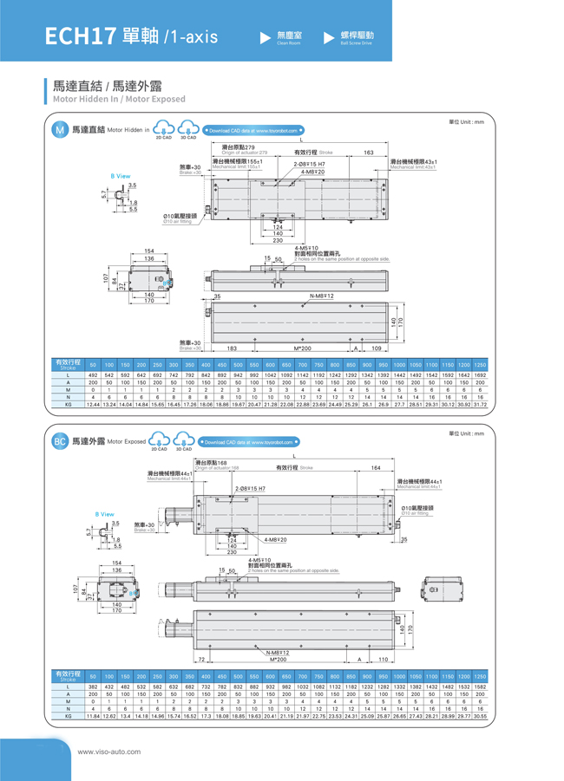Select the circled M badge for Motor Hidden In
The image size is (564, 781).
[x=59, y=131]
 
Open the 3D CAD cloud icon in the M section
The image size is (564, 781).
[x=188, y=130]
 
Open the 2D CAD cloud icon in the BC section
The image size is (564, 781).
[x=160, y=441]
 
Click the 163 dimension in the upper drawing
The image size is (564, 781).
[x=369, y=153]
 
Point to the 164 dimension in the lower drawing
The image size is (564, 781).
[x=376, y=468]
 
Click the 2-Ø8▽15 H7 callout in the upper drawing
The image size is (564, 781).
[x=310, y=164]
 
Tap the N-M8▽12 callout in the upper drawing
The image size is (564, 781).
[x=323, y=296]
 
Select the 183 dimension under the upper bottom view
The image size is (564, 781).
[x=232, y=348]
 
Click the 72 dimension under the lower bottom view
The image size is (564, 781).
[x=201, y=660]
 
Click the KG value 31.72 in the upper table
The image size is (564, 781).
[x=480, y=404]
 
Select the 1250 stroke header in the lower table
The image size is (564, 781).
[x=480, y=676]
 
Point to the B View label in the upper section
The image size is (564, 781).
[x=121, y=176]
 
